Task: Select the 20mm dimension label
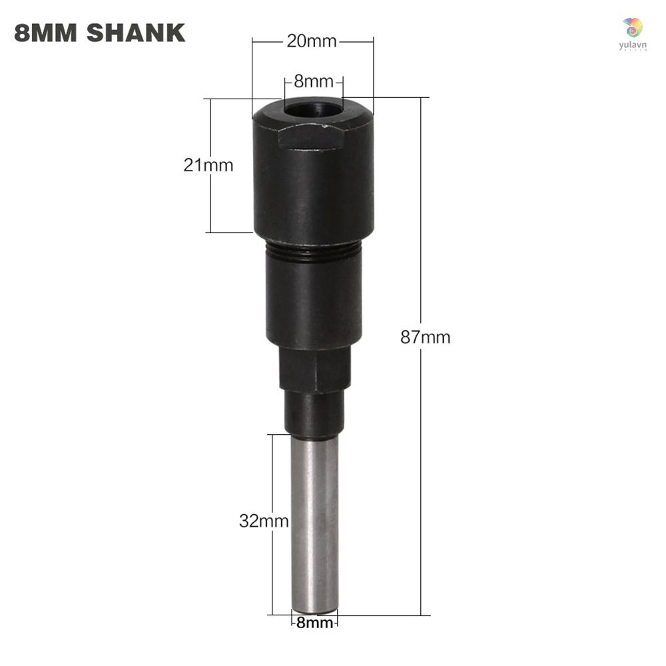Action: coord(312,41)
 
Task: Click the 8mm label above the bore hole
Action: coord(313,82)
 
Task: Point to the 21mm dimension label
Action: coord(208,165)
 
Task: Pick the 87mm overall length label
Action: coord(425,337)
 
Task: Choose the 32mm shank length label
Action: coord(264,521)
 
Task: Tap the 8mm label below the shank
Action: coord(314,623)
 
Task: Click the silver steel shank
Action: coord(314,519)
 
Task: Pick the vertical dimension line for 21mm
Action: coord(210,200)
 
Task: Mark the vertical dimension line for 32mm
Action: coord(272,566)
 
